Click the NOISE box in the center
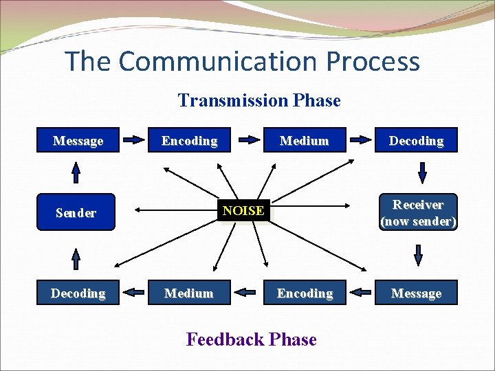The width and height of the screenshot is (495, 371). (x=243, y=210)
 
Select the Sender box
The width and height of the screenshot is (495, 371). (x=76, y=212)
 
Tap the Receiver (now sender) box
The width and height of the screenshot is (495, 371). (x=417, y=212)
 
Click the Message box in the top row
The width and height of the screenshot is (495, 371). (x=78, y=140)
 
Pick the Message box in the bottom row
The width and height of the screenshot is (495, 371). (x=417, y=293)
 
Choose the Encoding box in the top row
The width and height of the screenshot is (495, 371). (x=189, y=140)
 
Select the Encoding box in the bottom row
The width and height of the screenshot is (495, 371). (x=305, y=293)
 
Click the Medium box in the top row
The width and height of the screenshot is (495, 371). (x=305, y=140)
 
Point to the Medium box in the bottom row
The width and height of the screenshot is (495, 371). (x=189, y=293)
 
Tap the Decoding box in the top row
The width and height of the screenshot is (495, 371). (x=417, y=140)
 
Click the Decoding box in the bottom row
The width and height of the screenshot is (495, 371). (x=78, y=293)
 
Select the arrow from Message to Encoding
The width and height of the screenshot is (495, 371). (x=133, y=142)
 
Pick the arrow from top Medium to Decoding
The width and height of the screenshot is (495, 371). (x=361, y=142)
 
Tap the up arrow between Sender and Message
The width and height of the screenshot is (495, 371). (x=76, y=172)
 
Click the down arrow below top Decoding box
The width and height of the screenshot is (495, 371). (x=417, y=172)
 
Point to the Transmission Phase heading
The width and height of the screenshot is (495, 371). (x=259, y=100)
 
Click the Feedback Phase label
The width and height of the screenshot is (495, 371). (x=252, y=339)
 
